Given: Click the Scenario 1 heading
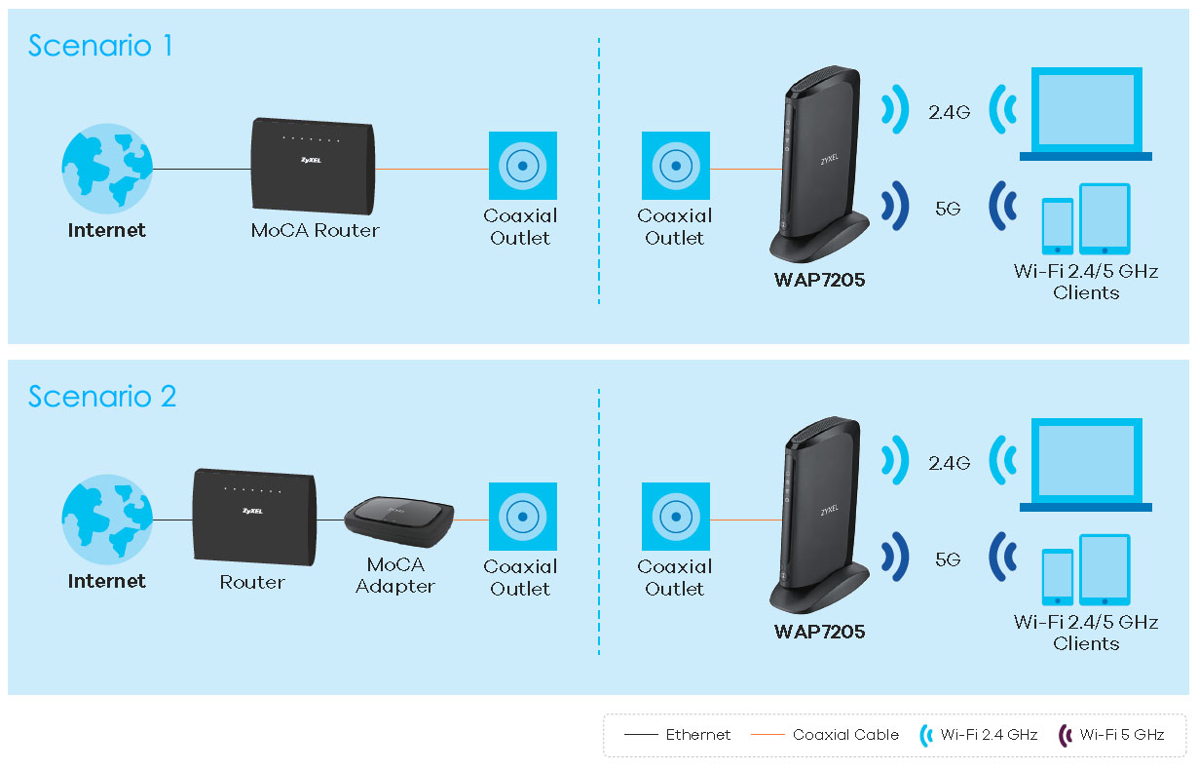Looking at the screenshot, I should point(100,46).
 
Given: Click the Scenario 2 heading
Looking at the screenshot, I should point(102,397).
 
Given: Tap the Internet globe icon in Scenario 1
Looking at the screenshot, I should point(106,169).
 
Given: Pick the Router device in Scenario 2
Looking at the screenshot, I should point(254,518).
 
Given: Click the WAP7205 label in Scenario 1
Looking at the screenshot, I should point(819,281).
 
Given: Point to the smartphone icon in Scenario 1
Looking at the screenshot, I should point(1057,227).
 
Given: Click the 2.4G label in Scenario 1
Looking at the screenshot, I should point(949,112).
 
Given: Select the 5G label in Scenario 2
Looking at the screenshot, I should point(948,559).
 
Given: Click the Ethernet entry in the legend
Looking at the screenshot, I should point(697,735).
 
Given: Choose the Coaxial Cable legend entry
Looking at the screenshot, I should point(845,735).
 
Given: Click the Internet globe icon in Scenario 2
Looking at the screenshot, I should point(106,520).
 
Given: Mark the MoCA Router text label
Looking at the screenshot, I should point(315,231).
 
